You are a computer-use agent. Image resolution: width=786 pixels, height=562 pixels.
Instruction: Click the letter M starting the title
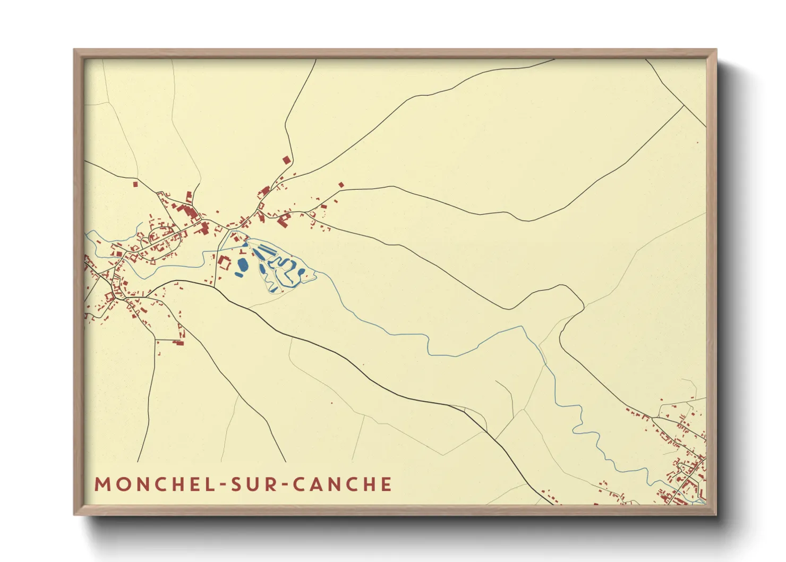pyautogui.click(x=101, y=484)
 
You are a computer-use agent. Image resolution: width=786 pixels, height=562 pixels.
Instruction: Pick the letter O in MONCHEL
pyautogui.click(x=120, y=484)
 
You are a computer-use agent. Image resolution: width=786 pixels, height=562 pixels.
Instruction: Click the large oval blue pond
pyautogui.click(x=242, y=264)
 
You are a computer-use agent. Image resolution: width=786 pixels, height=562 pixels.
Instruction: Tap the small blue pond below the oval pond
pyautogui.click(x=238, y=275)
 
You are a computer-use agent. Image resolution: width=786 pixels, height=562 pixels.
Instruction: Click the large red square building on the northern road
pyautogui.click(x=286, y=159)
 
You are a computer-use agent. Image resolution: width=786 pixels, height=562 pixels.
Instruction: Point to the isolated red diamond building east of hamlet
pyautogui.click(x=341, y=185)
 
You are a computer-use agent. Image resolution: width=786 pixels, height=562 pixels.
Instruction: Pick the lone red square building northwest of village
pyautogui.click(x=135, y=184)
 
